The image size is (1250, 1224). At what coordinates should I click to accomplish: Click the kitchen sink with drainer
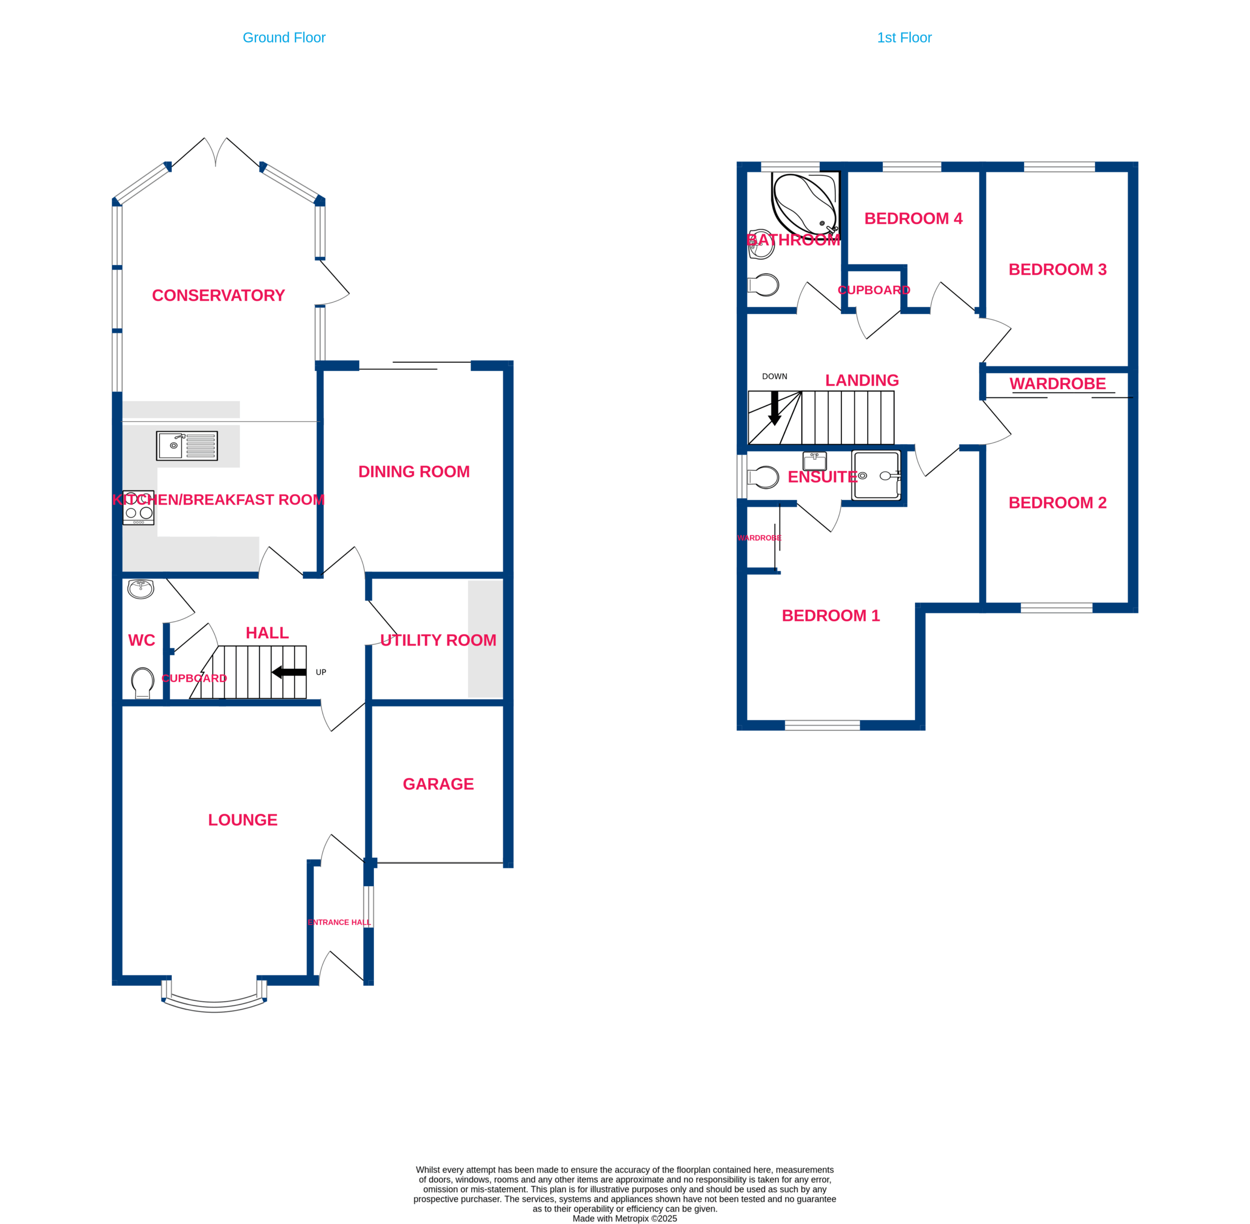coord(187,445)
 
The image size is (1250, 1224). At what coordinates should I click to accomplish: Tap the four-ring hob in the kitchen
coord(138,507)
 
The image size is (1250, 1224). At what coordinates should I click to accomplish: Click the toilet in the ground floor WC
coord(143,683)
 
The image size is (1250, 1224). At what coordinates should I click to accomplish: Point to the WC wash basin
coord(141,589)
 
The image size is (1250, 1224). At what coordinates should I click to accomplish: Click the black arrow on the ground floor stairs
coord(289,672)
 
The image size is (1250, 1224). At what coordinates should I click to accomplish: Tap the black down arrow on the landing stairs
coord(775,408)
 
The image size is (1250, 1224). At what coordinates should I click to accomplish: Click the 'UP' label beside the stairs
coord(321,672)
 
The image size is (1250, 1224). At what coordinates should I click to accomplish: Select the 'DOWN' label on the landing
coord(774,377)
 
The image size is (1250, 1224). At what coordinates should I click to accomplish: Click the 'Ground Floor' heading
coord(284,38)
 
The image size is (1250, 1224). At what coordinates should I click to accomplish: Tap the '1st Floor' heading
coord(904,38)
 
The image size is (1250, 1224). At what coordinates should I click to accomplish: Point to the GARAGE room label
coord(438,784)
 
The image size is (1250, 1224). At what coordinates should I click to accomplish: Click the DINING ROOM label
coord(414,472)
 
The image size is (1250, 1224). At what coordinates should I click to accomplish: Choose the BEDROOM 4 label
coord(913,219)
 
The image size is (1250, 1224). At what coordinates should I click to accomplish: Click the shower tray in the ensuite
coord(876,475)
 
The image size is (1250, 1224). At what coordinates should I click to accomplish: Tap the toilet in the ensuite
coord(763,477)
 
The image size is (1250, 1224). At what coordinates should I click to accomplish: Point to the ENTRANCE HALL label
coord(339,922)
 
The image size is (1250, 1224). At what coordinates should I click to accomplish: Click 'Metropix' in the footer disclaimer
coord(632,1219)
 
